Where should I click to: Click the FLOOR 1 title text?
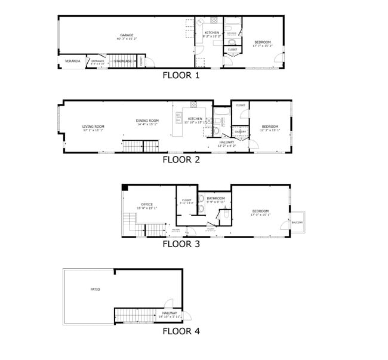(x=181, y=76)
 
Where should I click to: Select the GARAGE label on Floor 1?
(x=127, y=35)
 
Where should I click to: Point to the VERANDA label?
(x=72, y=61)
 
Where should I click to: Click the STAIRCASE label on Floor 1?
(x=122, y=61)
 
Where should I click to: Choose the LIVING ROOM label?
(x=93, y=127)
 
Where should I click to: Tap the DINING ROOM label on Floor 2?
(x=147, y=121)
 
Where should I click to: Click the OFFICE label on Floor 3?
(x=147, y=205)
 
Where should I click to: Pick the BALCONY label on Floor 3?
(x=297, y=223)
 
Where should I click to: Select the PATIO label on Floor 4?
(x=95, y=290)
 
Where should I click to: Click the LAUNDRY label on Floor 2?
(x=240, y=132)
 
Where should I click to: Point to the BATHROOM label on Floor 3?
(x=216, y=198)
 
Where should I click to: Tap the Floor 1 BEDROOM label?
(x=262, y=42)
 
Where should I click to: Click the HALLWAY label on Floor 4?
(x=170, y=313)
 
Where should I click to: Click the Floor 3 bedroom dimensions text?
(x=261, y=215)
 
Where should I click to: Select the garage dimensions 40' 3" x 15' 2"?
(x=127, y=39)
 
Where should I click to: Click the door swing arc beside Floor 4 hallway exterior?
(x=187, y=316)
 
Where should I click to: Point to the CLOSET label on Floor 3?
(x=186, y=201)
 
